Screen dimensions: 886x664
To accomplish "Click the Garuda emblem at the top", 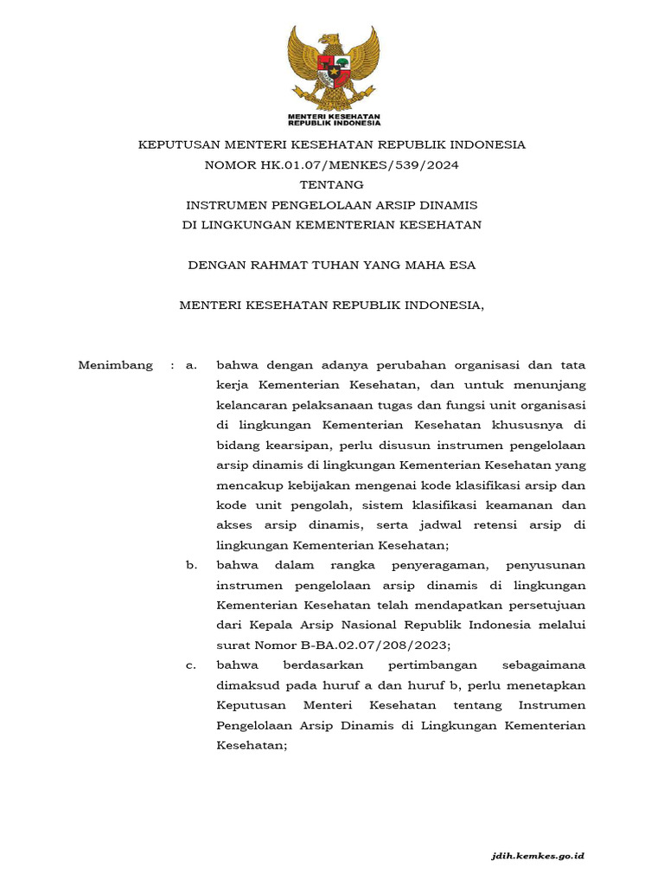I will tap(333, 67).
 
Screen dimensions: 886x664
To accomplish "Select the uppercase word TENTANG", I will tap(332, 184).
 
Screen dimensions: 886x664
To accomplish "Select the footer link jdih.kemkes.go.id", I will tap(538, 855).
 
